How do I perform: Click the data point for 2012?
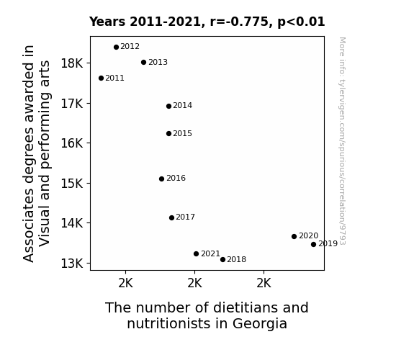point(116,48)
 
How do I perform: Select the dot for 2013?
point(143,63)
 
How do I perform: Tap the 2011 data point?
point(101,78)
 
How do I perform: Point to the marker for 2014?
point(169,106)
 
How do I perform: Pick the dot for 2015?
point(169,134)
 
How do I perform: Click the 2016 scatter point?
point(162,179)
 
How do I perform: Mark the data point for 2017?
point(171,218)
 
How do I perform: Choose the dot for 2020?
point(294,236)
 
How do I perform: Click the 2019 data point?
point(313,245)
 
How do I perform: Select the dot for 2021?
point(196,254)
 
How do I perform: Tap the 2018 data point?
point(223,260)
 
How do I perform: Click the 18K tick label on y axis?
point(72,63)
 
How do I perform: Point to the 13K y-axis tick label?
point(72,264)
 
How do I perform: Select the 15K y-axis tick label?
point(72,184)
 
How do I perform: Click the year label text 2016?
point(176,179)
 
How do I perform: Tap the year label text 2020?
point(309,235)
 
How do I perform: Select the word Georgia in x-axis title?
point(260,324)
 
